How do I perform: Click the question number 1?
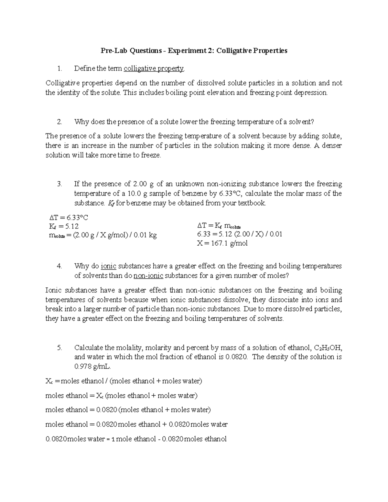pyautogui.click(x=59, y=69)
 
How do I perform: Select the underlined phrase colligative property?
pyautogui.click(x=154, y=69)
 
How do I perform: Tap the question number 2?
pyautogui.click(x=59, y=122)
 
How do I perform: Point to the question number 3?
pyautogui.click(x=59, y=184)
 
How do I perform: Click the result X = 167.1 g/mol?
pyautogui.click(x=222, y=243)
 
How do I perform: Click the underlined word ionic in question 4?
pyautogui.click(x=108, y=266)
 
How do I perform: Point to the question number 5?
pyautogui.click(x=59, y=348)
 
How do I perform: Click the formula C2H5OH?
pyautogui.click(x=328, y=348)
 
